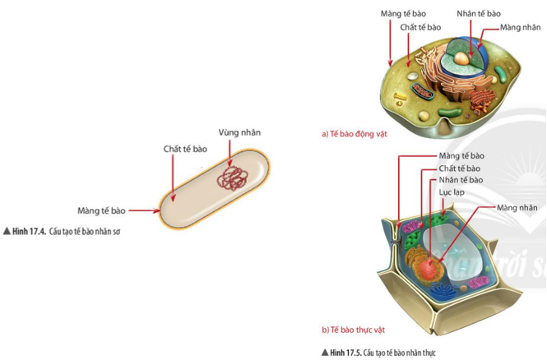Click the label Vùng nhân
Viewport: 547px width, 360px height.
click(241, 132)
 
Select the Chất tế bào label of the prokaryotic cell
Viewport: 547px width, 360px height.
click(185, 149)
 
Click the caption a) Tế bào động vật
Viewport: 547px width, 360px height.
click(359, 132)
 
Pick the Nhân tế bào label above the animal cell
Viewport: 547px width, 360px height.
click(478, 13)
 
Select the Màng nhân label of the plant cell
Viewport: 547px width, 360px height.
click(517, 208)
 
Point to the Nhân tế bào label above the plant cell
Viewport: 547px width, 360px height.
click(461, 179)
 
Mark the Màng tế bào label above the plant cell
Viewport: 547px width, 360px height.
click(461, 155)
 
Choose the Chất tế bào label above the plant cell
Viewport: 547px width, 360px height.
click(460, 168)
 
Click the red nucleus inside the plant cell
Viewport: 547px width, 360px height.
click(429, 269)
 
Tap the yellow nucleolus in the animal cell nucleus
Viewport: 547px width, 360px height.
click(466, 59)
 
